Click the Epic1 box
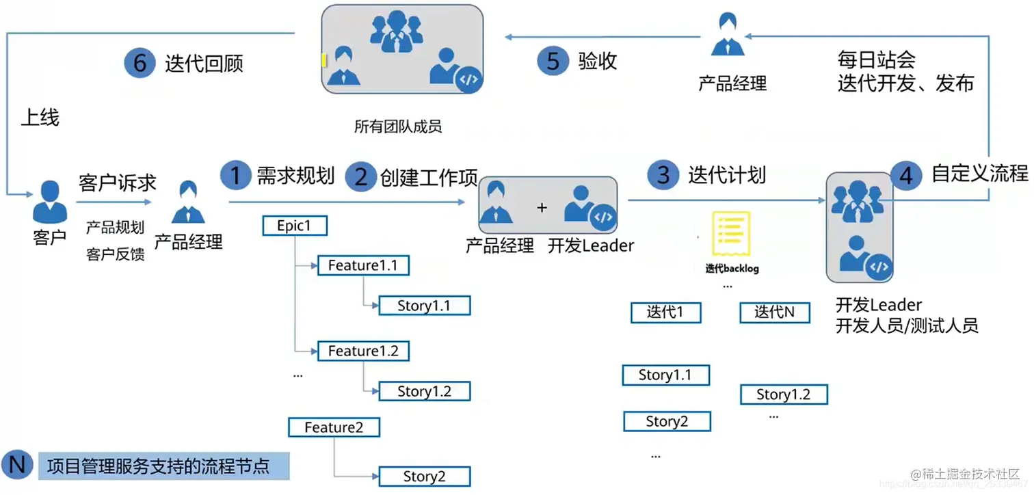(x=295, y=226)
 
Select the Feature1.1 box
(x=363, y=265)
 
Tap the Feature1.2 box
(x=363, y=351)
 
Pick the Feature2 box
(x=334, y=427)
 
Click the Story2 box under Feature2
(x=424, y=477)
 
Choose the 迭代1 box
(x=665, y=312)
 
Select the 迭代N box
(x=775, y=312)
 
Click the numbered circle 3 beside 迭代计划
(x=663, y=176)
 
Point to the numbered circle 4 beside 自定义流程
(x=906, y=176)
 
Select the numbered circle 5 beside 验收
(x=553, y=61)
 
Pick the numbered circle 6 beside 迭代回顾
(x=140, y=64)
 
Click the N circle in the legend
(x=17, y=466)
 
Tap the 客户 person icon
(x=51, y=202)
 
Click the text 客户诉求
(x=118, y=183)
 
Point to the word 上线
(x=40, y=118)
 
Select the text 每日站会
(x=877, y=59)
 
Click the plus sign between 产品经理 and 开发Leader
(x=542, y=207)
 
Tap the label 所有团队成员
(x=398, y=126)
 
